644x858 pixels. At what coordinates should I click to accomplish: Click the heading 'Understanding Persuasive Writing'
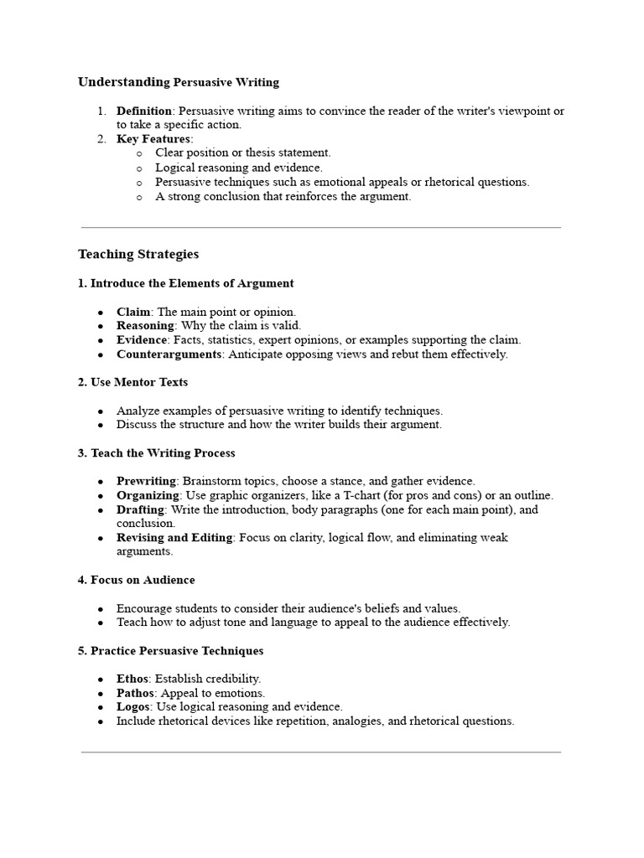179,82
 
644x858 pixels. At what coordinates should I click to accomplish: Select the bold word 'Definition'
144,111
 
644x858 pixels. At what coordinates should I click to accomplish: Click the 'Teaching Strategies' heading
138,254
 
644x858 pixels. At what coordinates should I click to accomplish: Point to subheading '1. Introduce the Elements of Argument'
186,283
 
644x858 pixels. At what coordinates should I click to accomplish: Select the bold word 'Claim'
133,312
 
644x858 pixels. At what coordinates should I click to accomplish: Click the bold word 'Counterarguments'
169,354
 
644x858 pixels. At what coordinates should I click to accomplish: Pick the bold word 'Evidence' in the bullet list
142,339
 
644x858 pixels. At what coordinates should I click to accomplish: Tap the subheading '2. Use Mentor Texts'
132,382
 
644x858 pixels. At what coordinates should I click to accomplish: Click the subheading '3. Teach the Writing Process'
157,453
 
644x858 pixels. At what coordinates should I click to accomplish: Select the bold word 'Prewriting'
146,481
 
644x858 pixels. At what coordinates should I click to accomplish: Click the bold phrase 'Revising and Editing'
174,537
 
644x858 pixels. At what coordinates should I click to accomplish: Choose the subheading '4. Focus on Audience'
136,580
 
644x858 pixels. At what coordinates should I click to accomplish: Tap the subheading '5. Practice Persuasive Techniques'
170,651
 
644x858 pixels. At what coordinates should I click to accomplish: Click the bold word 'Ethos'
132,679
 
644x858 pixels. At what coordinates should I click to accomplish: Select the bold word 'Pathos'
136,693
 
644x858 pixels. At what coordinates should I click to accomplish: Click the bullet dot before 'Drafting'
101,510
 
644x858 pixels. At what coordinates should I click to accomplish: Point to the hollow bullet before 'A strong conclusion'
138,197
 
